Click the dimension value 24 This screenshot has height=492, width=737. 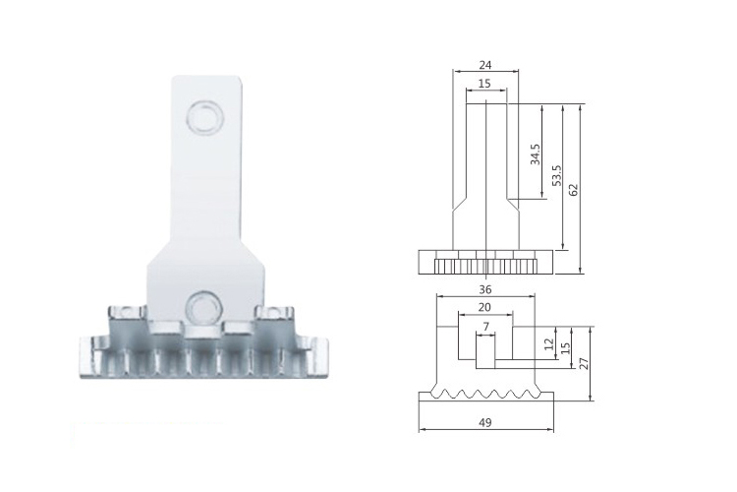pos(485,65)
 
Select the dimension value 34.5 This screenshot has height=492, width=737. pos(535,154)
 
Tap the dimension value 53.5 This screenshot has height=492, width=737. pos(556,175)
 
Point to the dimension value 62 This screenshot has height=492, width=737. pos(573,189)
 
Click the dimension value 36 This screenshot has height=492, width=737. pos(485,288)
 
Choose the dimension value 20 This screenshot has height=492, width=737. pos(484,307)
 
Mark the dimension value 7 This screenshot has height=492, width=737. pos(486,327)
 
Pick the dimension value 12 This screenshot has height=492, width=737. pos(548,343)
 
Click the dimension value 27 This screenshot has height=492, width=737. pos(584,363)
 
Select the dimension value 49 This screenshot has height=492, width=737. pos(485,422)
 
